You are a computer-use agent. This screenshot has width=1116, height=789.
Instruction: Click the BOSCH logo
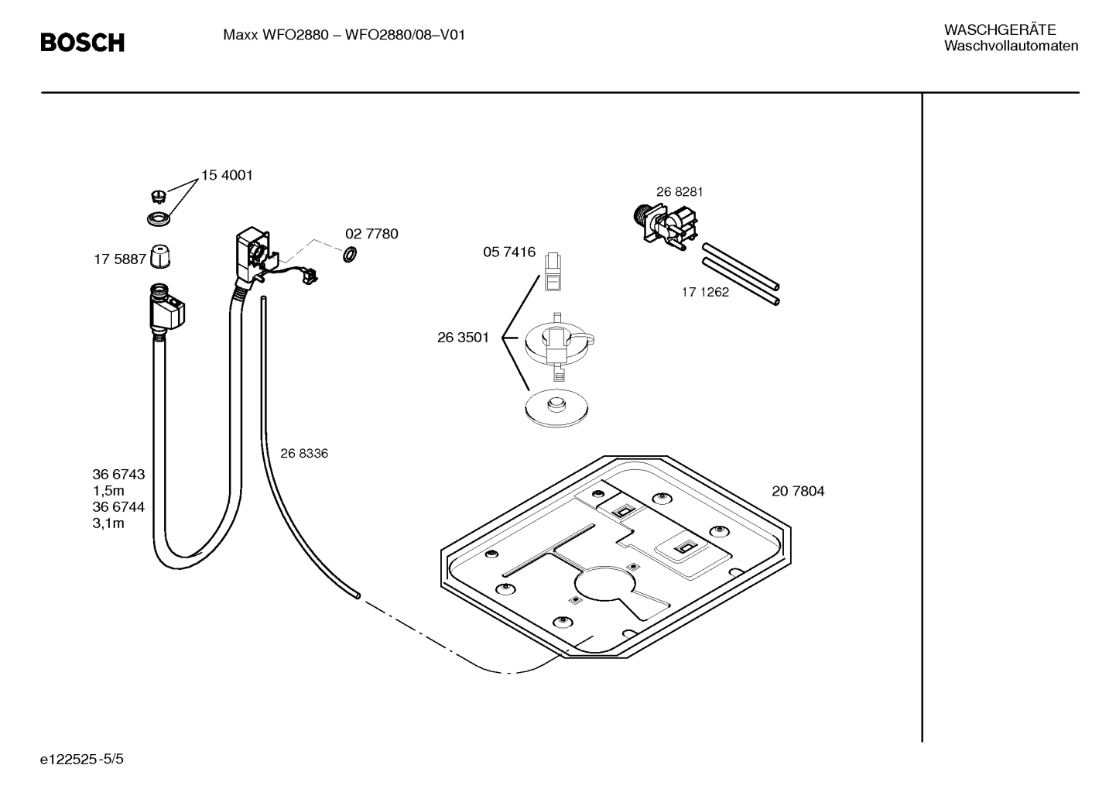click(82, 43)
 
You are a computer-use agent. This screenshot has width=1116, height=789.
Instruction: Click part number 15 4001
click(227, 175)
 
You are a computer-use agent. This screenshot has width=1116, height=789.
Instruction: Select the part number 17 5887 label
click(120, 259)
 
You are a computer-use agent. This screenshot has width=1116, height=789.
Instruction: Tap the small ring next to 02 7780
click(349, 253)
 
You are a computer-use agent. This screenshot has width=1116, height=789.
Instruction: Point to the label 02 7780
click(371, 234)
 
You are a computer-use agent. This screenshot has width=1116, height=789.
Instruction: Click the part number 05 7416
click(509, 252)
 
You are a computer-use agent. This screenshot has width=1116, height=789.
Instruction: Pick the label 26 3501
click(463, 338)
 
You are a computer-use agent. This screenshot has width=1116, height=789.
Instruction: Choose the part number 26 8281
click(680, 192)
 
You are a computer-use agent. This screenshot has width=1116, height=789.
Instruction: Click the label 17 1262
click(704, 293)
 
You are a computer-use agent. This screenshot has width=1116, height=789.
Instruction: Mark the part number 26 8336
click(303, 454)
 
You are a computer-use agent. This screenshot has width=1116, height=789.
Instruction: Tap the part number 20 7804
click(798, 491)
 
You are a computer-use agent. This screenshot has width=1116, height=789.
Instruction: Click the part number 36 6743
click(118, 475)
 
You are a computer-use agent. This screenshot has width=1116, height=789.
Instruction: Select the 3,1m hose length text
click(108, 523)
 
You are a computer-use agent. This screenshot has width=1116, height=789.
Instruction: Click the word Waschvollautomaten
click(1011, 46)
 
